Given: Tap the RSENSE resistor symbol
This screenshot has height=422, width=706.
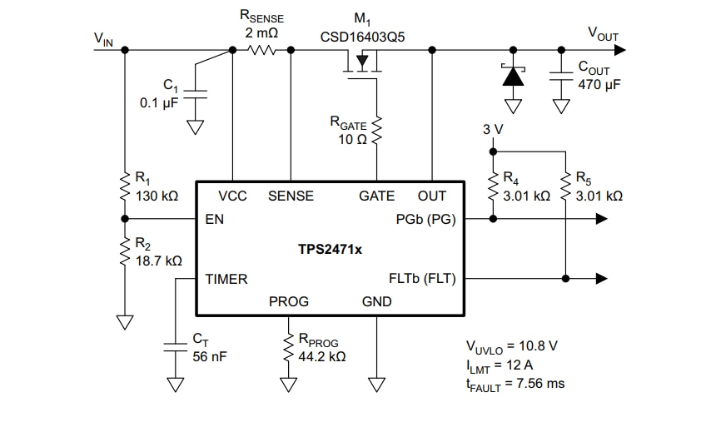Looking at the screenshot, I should click(262, 50).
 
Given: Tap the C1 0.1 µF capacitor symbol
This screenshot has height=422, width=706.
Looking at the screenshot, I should click(195, 93).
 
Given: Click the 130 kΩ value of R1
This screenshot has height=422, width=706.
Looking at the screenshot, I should click(157, 196).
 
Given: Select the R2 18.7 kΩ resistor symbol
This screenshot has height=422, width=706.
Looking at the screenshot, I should click(125, 251).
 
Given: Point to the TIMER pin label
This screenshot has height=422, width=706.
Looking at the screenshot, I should click(226, 280).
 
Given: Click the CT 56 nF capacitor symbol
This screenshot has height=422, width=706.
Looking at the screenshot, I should click(175, 346).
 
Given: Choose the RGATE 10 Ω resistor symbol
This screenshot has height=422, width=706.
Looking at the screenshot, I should click(377, 129).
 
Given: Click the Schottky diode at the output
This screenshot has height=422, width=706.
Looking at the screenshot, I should click(514, 77).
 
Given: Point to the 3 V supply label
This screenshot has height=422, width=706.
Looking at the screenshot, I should click(493, 131).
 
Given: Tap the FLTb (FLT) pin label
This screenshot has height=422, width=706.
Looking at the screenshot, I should click(422, 279).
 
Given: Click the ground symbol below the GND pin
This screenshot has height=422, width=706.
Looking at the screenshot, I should click(377, 385).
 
